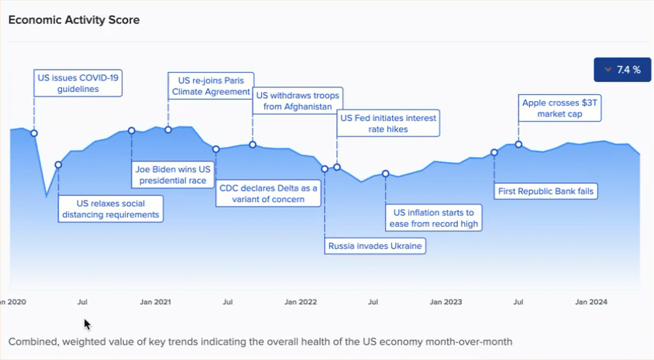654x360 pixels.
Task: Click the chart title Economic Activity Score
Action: tap(74, 20)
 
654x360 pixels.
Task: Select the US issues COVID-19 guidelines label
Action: tap(79, 83)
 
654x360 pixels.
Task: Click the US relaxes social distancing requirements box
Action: tap(112, 209)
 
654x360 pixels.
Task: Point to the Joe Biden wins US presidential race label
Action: tap(172, 175)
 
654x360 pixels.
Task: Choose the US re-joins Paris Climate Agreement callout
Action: tap(211, 86)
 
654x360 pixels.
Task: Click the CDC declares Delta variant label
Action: tap(269, 194)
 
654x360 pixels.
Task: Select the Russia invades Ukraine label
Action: tap(375, 246)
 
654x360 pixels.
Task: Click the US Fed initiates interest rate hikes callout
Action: tap(388, 124)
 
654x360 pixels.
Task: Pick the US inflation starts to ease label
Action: tap(434, 218)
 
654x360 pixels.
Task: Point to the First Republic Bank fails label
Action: tap(545, 191)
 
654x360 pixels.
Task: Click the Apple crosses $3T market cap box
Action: tap(559, 108)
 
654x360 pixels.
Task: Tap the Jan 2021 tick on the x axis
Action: tap(155, 302)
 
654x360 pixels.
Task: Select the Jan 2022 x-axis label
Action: tap(300, 302)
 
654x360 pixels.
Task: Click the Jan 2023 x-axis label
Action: tap(446, 302)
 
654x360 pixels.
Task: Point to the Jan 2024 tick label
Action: tap(590, 302)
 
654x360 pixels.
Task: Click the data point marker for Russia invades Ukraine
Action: tap(325, 169)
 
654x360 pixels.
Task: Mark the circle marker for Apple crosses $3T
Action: tap(518, 144)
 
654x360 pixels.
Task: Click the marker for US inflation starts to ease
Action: tap(385, 174)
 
